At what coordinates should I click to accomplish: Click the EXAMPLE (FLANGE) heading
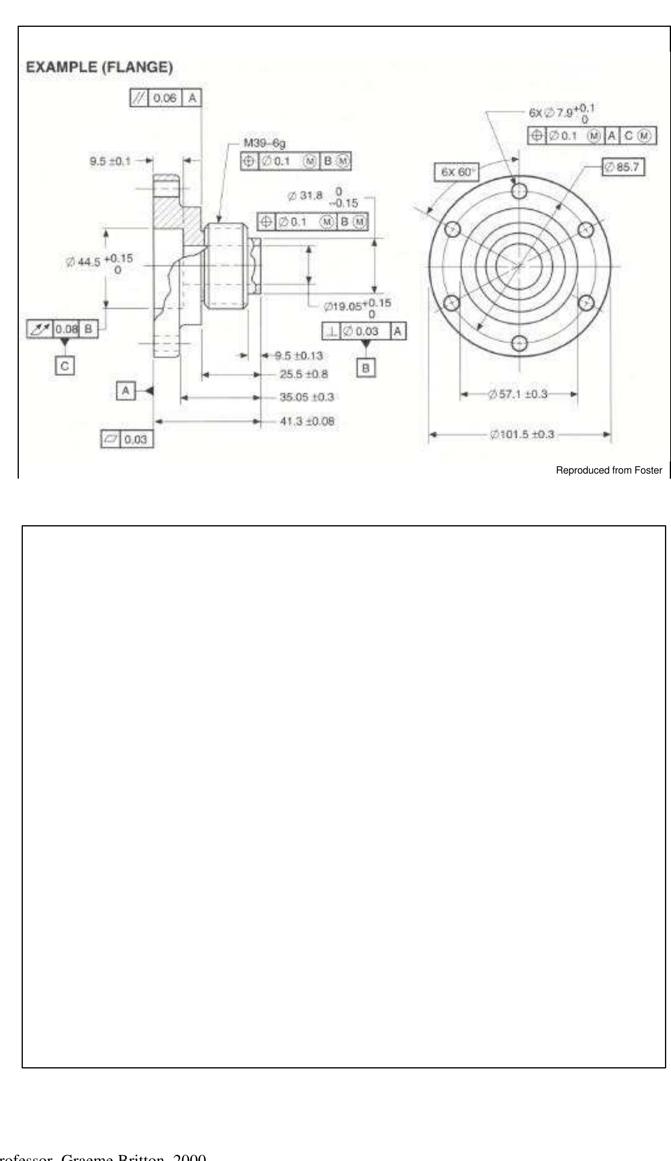click(99, 67)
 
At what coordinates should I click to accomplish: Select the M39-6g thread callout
click(264, 143)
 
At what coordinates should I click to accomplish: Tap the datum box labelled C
click(64, 366)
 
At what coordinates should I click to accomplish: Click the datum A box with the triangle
click(126, 391)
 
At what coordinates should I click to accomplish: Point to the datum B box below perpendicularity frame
click(366, 368)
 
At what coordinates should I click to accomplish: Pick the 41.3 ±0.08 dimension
click(307, 421)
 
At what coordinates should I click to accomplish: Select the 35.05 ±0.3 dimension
click(306, 397)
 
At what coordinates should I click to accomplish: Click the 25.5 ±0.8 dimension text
click(304, 374)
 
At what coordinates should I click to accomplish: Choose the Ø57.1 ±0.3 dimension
click(518, 394)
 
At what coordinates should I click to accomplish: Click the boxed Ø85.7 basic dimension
click(623, 167)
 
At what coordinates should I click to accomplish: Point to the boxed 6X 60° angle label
click(456, 172)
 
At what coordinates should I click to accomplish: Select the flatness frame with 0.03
click(127, 439)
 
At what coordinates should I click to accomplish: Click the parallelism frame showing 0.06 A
click(165, 98)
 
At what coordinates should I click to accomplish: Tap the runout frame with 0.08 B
click(62, 329)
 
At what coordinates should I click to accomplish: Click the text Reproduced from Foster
click(609, 470)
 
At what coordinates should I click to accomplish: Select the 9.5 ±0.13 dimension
click(298, 356)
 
